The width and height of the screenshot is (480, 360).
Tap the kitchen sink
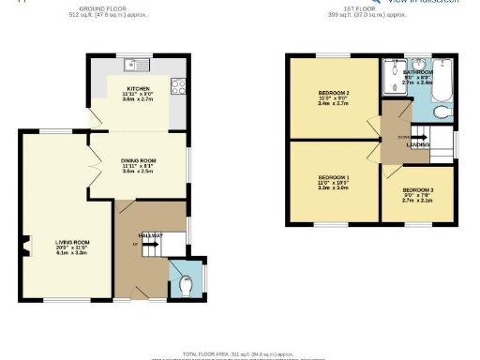[138, 66]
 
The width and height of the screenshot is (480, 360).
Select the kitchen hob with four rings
[176, 86]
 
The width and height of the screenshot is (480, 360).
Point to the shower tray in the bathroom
[391, 79]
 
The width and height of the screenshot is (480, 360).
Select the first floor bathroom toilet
[441, 112]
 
